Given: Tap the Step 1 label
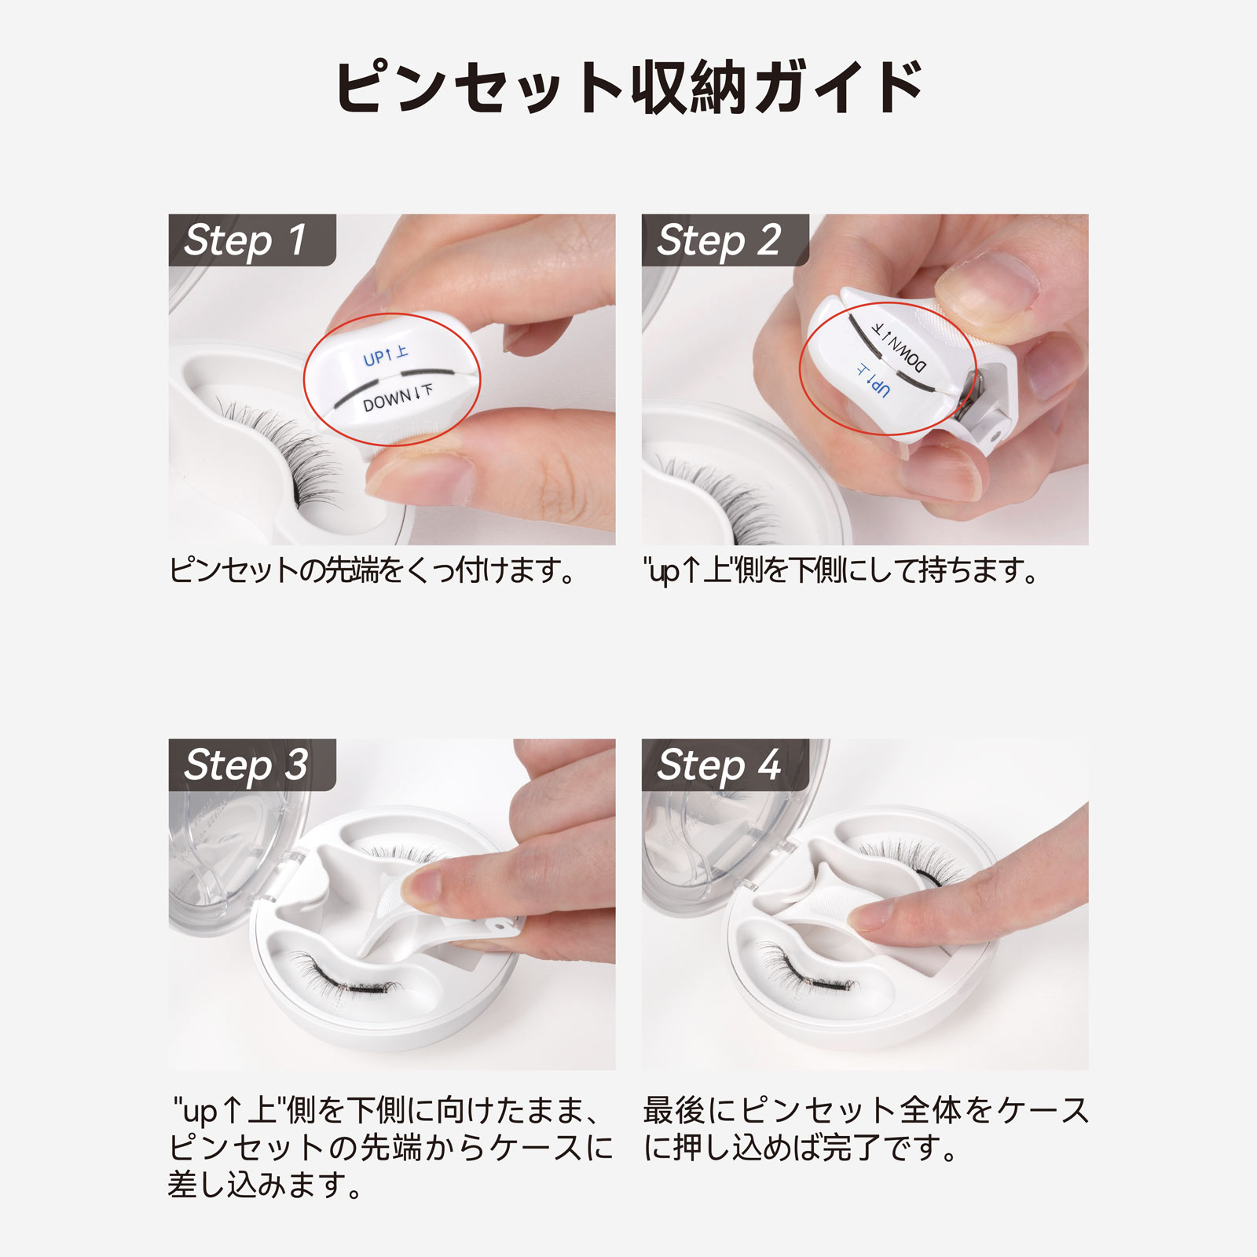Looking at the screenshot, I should coord(245,240).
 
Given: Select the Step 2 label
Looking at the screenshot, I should coord(719,240).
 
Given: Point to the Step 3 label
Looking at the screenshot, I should coord(245,764).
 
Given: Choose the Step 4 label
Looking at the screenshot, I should coord(719,764).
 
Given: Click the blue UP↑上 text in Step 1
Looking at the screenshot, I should coord(385,356).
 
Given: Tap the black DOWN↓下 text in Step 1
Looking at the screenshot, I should coord(397,398).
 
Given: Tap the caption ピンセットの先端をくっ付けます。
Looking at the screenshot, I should coord(372,570).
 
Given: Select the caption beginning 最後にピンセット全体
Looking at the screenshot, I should coord(864,1129).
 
